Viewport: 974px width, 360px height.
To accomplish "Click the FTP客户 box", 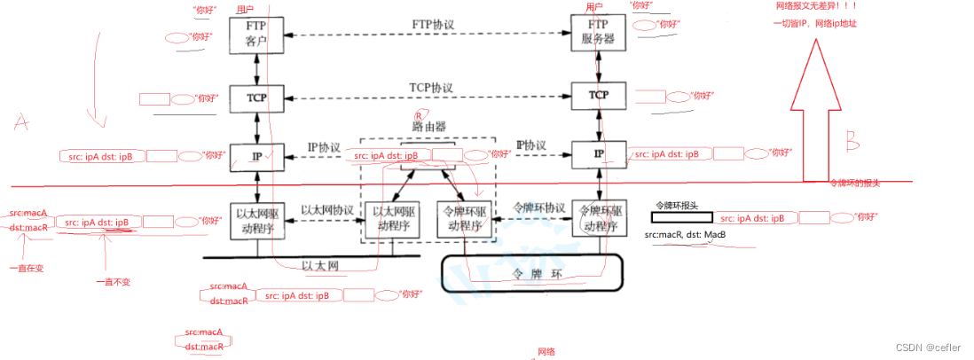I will tap(257, 34).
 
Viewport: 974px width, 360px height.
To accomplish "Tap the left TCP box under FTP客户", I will tap(257, 96).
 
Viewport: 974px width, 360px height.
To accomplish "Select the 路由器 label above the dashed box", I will tap(428, 127).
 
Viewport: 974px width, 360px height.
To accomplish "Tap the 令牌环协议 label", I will tap(540, 207).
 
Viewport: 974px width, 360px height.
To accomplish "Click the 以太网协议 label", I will tap(327, 210).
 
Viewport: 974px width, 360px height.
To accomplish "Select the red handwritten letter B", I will tap(852, 139).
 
